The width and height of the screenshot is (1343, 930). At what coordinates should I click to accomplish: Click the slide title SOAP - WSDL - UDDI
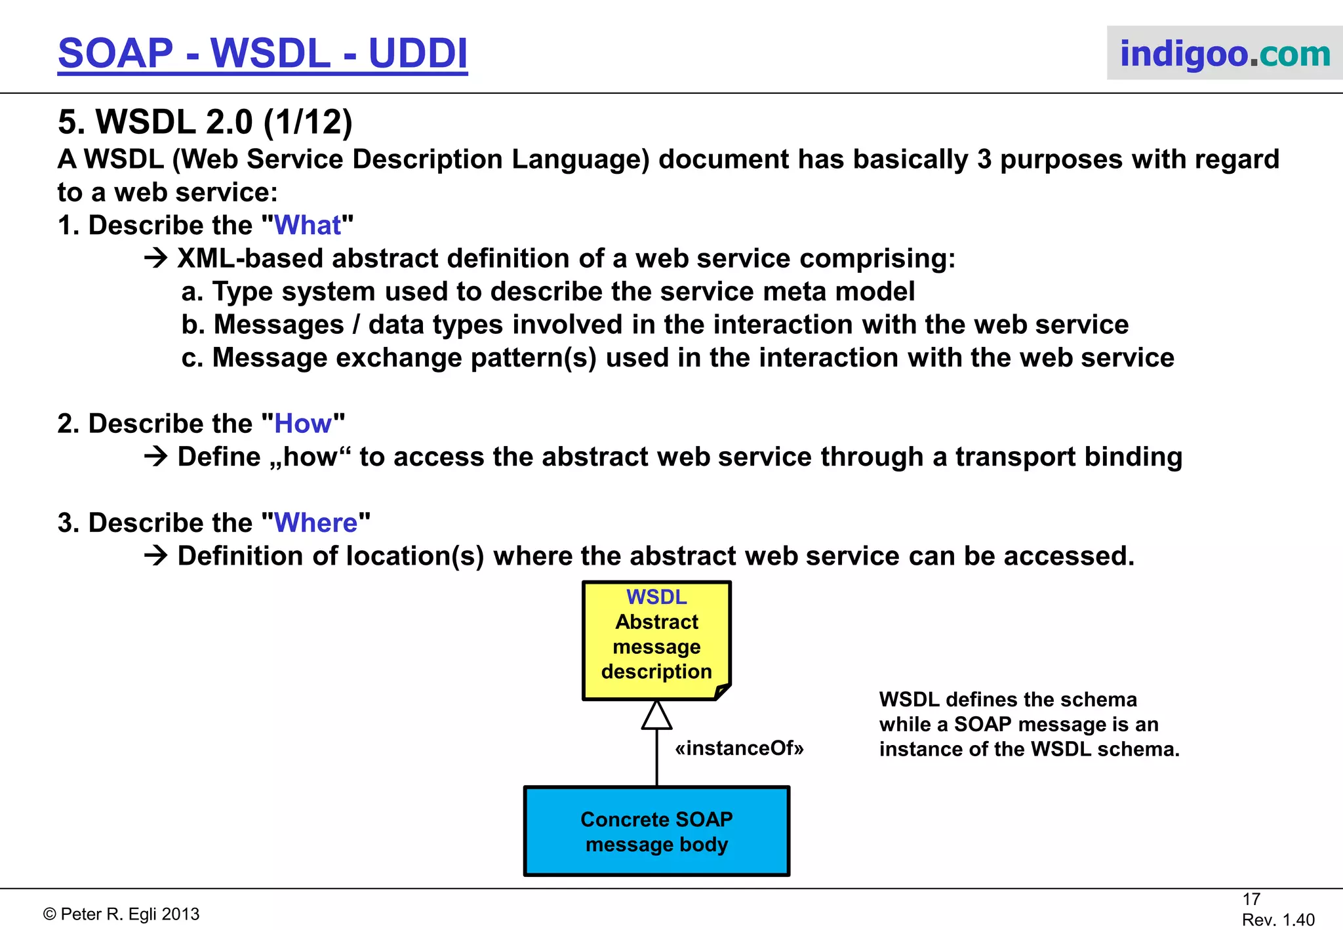click(262, 53)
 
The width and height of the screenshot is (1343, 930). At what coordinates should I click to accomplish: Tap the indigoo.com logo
click(1224, 53)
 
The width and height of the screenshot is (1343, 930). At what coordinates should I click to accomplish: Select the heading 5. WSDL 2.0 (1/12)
click(205, 122)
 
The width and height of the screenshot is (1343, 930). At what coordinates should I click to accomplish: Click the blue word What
click(307, 226)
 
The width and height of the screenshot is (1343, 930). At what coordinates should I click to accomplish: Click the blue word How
click(302, 424)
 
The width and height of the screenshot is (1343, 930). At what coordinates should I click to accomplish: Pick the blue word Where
click(315, 523)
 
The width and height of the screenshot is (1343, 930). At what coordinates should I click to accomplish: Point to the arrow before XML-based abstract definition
click(156, 258)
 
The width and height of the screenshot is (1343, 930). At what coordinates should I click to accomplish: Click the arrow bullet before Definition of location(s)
click(156, 556)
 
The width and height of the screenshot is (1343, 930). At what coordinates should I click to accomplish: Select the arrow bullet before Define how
click(156, 456)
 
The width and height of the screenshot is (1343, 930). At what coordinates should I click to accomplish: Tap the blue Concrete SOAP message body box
click(656, 832)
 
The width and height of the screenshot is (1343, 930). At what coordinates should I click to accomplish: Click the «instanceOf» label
click(739, 748)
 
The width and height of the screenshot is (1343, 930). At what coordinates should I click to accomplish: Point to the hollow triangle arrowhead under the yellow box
click(656, 717)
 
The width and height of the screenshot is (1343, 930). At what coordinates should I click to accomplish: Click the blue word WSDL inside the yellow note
click(656, 597)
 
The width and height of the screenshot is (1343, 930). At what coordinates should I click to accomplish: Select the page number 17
click(1251, 899)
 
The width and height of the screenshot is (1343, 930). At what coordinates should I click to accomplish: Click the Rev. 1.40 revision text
click(1277, 920)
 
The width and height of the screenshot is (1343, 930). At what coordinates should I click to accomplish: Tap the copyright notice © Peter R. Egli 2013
click(121, 914)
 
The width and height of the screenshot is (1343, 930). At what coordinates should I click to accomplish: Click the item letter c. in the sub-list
click(192, 358)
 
